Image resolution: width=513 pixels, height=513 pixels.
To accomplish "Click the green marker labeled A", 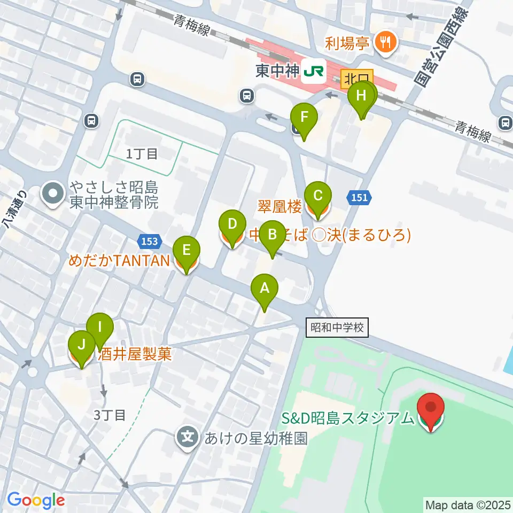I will [x=265, y=289].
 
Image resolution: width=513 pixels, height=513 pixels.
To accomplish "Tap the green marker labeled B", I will [x=272, y=235].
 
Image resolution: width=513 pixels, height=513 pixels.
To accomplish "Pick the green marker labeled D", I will [x=232, y=224].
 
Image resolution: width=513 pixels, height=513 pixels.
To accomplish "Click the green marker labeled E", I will [x=186, y=250].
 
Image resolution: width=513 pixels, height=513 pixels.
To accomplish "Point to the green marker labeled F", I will [x=304, y=118].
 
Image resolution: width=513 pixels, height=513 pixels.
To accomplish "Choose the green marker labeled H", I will [x=362, y=97].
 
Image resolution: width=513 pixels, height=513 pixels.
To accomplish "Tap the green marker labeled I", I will [x=100, y=327].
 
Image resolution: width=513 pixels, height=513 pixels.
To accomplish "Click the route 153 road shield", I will [x=150, y=242].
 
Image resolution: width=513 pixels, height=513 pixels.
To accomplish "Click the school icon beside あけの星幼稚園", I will [x=188, y=438].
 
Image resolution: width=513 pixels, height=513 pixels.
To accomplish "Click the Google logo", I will [x=36, y=501].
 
